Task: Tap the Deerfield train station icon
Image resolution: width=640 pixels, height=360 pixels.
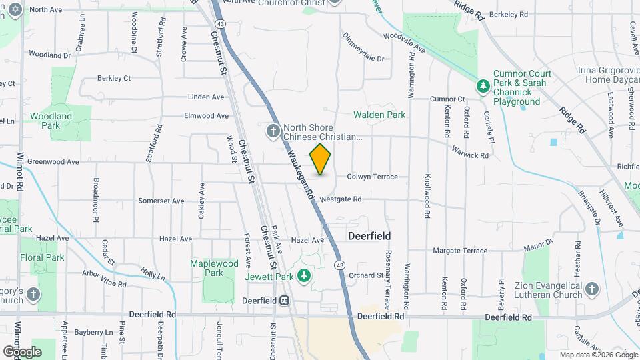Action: (x=285, y=301)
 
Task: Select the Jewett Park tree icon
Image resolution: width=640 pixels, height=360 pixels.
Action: (x=304, y=275)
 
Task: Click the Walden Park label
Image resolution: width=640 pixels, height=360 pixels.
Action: (x=379, y=115)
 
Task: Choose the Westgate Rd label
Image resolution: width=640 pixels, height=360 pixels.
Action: (x=340, y=199)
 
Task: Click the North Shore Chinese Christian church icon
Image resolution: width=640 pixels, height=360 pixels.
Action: (x=273, y=131)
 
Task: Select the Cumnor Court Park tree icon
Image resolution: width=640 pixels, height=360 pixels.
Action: (x=483, y=86)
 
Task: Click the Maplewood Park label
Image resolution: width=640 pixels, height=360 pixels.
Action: (x=214, y=268)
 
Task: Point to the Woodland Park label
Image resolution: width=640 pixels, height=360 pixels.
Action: (x=51, y=121)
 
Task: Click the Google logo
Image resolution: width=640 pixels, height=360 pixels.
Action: (x=22, y=351)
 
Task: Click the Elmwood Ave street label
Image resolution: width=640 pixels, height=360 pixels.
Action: (x=206, y=116)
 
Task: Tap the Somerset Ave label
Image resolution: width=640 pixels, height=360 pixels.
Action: (x=161, y=201)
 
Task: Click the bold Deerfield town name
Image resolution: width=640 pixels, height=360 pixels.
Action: (x=369, y=236)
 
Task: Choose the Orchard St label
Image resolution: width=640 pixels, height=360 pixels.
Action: (x=366, y=275)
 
